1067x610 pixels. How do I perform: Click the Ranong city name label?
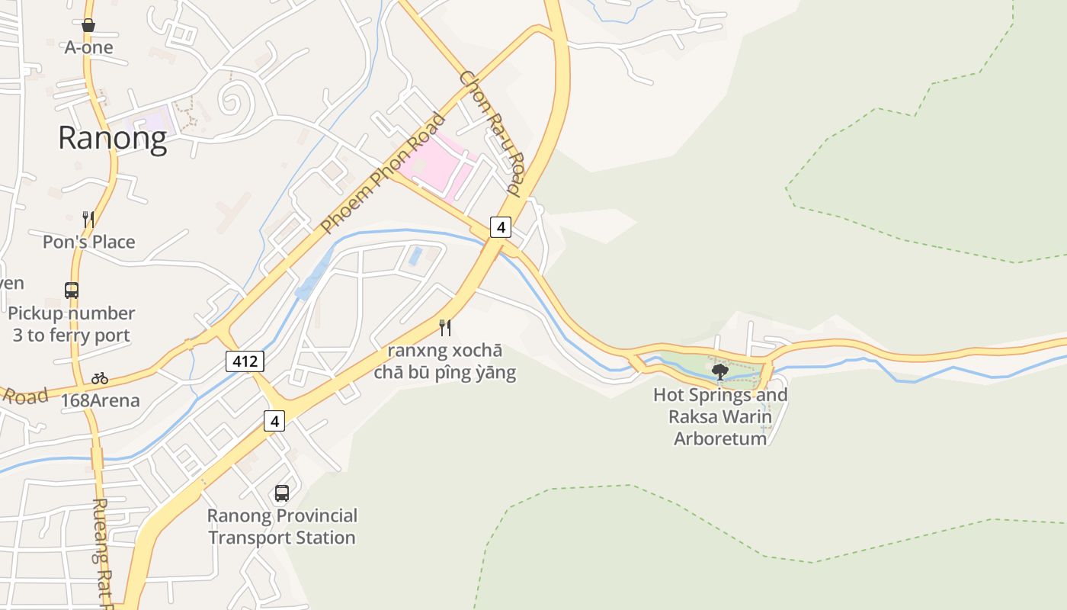[112, 139]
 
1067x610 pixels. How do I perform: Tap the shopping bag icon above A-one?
[88, 26]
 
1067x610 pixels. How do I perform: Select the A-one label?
[88, 47]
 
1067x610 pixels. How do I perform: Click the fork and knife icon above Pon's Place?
[88, 220]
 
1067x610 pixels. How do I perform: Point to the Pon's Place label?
[88, 242]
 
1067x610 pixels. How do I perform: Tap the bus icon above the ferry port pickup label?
[72, 291]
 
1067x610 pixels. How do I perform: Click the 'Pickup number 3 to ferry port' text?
[72, 324]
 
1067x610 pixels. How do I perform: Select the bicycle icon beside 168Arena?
[99, 378]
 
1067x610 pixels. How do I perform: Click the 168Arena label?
[100, 400]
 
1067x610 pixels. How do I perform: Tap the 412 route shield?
[245, 361]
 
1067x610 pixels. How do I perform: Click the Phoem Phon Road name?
[383, 173]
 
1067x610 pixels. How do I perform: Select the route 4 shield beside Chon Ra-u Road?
[500, 227]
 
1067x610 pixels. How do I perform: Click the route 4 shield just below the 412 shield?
[274, 420]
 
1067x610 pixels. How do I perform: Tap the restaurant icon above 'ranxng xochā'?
[445, 328]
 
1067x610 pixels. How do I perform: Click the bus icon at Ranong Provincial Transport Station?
[282, 493]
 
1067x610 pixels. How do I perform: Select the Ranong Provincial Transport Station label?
[282, 526]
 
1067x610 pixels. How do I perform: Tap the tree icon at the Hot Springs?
[719, 372]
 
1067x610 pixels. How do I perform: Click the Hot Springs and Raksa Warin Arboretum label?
[720, 416]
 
